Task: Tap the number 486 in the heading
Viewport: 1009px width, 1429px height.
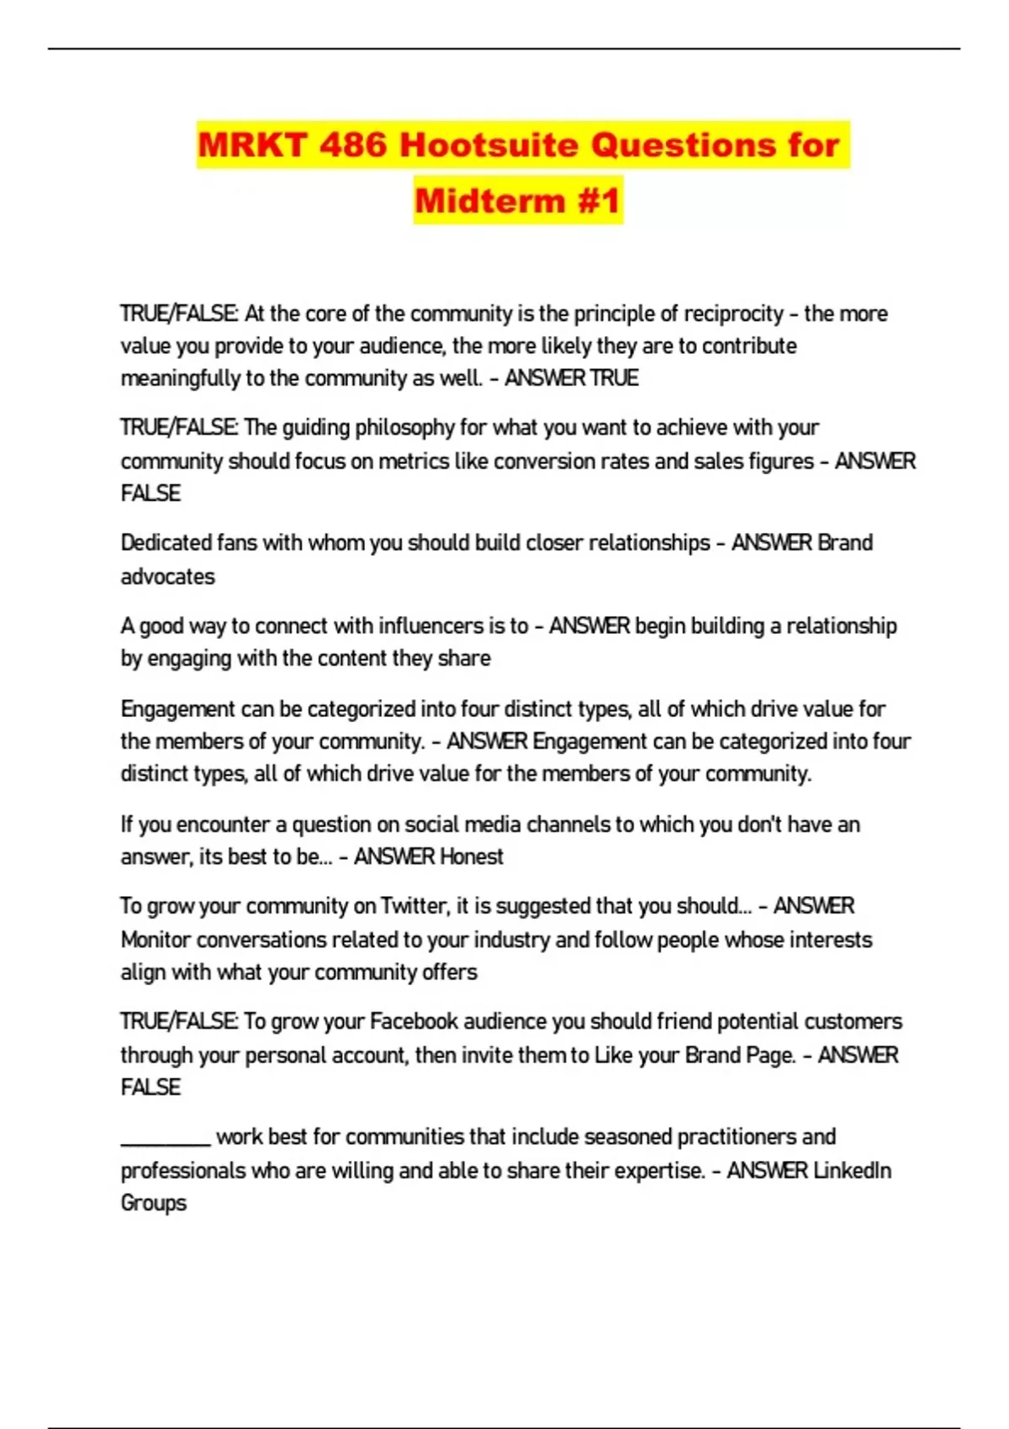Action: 352,145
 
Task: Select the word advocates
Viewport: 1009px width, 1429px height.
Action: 167,577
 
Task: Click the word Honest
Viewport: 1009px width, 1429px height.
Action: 472,857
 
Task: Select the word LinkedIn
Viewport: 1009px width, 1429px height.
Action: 851,1170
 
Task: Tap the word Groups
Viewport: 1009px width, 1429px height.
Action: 153,1203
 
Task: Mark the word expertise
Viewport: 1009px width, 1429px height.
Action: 659,1170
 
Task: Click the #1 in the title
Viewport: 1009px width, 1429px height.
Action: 599,201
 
